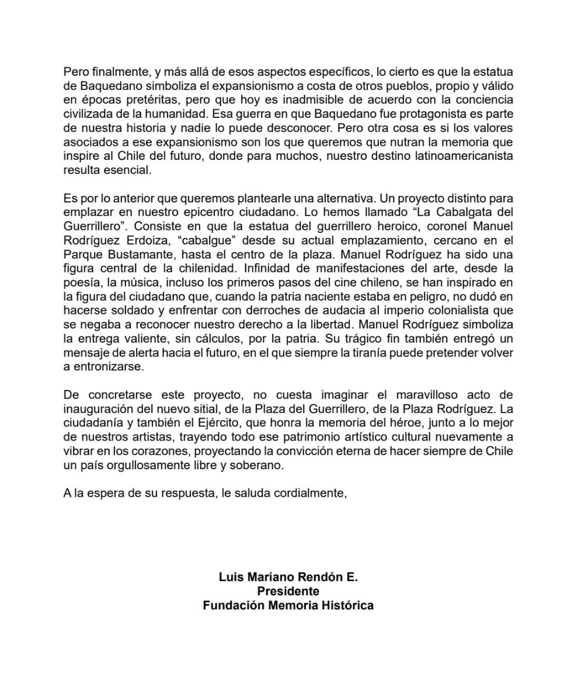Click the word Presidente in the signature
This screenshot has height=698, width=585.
coord(288,591)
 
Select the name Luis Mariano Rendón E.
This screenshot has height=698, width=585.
coord(288,577)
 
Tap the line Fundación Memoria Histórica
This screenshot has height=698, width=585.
coord(288,605)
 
